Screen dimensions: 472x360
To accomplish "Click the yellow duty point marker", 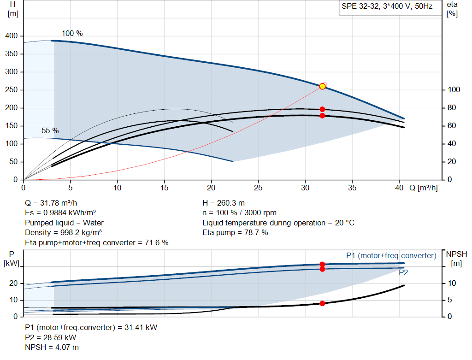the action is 322,86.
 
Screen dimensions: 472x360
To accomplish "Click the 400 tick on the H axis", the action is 12,36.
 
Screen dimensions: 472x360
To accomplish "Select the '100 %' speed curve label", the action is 72,33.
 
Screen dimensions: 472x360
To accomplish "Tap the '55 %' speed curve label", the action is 50,130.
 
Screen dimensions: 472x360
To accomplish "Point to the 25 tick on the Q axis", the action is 258,188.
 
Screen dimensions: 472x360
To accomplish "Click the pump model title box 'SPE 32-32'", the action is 390,7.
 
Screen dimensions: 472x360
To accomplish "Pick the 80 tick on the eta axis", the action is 452,108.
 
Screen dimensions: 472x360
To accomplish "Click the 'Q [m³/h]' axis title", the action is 423,188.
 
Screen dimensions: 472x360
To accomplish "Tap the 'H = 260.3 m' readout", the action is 224,203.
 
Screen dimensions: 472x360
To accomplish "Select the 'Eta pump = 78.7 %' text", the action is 235,233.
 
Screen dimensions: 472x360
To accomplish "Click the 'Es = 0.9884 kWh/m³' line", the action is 60,213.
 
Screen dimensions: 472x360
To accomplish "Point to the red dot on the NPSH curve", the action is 322,303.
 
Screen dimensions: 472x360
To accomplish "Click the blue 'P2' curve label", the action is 403,273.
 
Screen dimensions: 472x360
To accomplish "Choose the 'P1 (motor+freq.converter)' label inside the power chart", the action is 391,255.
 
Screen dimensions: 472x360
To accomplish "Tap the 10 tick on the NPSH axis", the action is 452,283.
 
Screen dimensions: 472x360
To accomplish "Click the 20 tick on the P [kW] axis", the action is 13,283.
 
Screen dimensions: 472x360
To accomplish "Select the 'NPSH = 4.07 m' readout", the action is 52,348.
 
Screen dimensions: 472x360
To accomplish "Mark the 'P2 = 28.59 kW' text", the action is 51,337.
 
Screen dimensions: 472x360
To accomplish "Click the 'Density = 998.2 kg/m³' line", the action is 63,233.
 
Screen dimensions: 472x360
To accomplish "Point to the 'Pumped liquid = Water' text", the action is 64,223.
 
